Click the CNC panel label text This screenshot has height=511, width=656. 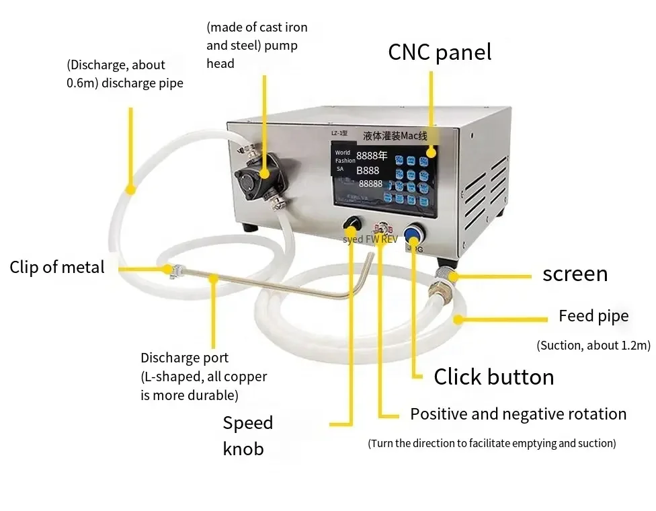[x=440, y=52]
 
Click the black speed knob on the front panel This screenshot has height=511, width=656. [x=352, y=224]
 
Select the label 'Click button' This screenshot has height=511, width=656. [x=493, y=377]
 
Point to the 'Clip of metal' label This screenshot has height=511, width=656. [x=57, y=268]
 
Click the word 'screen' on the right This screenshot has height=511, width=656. [x=575, y=274]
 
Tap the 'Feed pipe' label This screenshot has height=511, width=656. [x=593, y=316]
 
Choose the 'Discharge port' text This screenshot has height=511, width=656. [x=184, y=358]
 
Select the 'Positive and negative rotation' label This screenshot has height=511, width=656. [x=518, y=414]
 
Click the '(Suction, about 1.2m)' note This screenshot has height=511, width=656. [x=593, y=346]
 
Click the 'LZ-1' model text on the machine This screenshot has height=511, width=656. [x=338, y=134]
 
